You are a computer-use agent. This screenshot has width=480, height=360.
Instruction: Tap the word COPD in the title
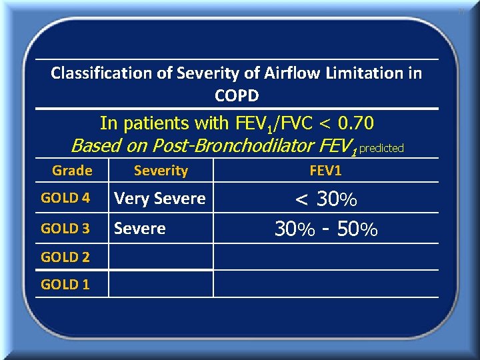[237, 95]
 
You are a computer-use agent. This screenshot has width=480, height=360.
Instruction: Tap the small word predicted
[381, 148]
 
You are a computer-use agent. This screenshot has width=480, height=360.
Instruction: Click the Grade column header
[72, 171]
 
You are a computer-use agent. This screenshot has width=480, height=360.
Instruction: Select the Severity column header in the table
[161, 171]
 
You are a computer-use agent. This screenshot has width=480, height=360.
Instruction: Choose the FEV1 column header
[325, 171]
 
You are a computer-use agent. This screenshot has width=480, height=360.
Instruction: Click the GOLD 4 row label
[65, 198]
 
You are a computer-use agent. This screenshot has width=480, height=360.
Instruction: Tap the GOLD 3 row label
[65, 229]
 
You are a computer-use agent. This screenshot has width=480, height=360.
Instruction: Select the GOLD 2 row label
[65, 257]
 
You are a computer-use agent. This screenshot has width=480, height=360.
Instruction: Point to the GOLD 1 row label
[65, 284]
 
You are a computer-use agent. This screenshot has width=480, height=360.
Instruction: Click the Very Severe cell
[160, 198]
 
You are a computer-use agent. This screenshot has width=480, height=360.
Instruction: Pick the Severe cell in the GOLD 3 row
[140, 229]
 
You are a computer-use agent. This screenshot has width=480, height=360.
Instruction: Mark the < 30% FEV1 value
[326, 199]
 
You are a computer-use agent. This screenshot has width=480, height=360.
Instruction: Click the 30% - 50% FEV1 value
[326, 229]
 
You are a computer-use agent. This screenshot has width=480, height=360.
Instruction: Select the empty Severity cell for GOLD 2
[161, 257]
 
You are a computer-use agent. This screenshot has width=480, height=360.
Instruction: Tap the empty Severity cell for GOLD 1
[161, 284]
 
